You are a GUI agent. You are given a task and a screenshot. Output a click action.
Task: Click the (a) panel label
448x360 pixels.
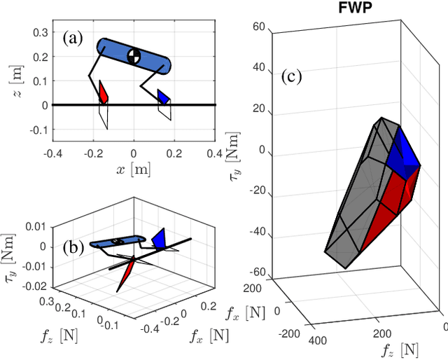(x=73, y=39)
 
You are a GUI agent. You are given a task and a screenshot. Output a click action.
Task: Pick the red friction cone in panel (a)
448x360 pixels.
(x=103, y=92)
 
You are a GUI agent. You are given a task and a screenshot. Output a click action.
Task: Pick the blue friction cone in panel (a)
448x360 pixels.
(x=163, y=96)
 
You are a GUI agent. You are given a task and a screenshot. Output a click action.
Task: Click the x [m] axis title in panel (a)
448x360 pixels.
(x=134, y=169)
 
